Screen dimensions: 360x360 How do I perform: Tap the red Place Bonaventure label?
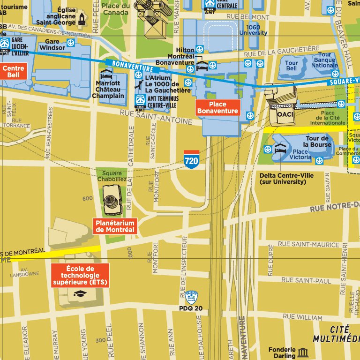[x=218, y=108]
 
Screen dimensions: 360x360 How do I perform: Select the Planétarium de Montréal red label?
[x=115, y=226]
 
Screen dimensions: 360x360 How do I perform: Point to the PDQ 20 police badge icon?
[x=191, y=297]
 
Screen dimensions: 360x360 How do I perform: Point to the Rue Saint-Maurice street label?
[x=303, y=244]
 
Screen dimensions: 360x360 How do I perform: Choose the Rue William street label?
[x=302, y=317]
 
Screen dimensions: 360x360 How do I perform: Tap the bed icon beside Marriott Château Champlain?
[x=106, y=75]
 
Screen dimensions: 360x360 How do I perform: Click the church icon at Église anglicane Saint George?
[x=82, y=18]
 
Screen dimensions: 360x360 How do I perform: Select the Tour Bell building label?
[x=291, y=66]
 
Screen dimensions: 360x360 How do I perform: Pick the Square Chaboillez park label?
[x=112, y=176]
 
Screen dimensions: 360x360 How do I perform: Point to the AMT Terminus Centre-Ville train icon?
[x=140, y=100]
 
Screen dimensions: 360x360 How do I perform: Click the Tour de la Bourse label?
[x=318, y=141]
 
